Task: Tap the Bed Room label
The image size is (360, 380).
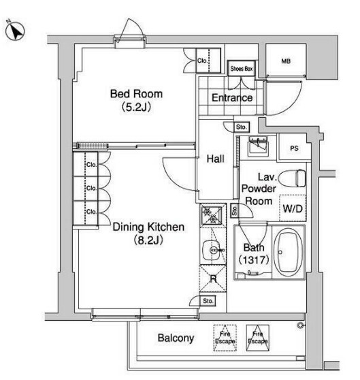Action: [x=137, y=94]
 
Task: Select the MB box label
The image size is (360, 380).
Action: [x=286, y=61]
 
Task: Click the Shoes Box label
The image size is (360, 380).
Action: [x=241, y=69]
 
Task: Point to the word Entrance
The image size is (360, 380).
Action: [x=232, y=98]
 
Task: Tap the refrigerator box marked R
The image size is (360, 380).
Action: [x=212, y=279]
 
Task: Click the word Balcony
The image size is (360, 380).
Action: [x=176, y=338]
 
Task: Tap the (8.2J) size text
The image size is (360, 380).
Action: [x=146, y=240]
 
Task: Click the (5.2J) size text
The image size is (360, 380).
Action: [x=137, y=107]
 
